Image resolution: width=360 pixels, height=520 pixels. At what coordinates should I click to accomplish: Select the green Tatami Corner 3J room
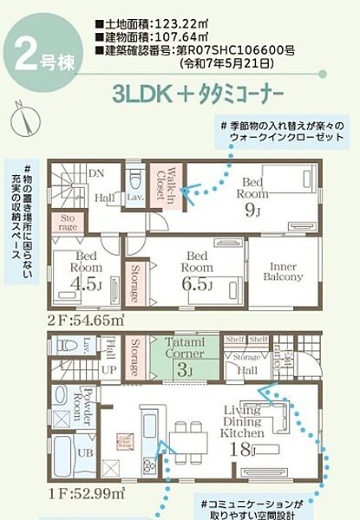click(185, 358)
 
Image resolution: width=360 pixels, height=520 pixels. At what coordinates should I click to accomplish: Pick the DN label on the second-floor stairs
click(96, 172)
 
